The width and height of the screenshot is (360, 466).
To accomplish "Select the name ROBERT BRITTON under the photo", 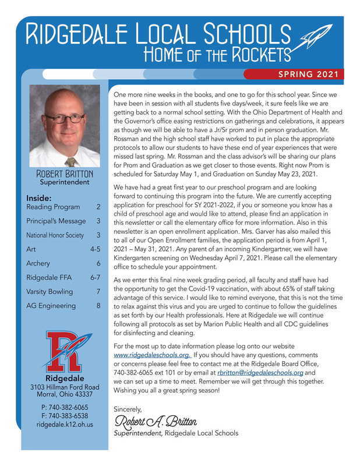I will (64, 174).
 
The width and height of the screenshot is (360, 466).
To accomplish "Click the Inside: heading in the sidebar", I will (39, 197).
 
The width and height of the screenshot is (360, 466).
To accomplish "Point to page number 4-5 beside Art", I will (96, 249).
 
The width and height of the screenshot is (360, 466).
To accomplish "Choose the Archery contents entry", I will (38, 263).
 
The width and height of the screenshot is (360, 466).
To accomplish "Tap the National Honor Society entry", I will (55, 235).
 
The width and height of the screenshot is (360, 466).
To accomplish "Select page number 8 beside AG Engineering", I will (98, 305).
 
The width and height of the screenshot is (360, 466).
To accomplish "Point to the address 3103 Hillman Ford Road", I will (64, 387).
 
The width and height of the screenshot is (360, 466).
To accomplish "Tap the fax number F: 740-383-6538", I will (65, 416).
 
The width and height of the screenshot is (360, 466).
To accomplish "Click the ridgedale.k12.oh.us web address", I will (65, 425).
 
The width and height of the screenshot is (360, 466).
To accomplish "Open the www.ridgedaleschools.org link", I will (151, 354).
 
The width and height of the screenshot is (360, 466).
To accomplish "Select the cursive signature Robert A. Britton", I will (156, 421).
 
